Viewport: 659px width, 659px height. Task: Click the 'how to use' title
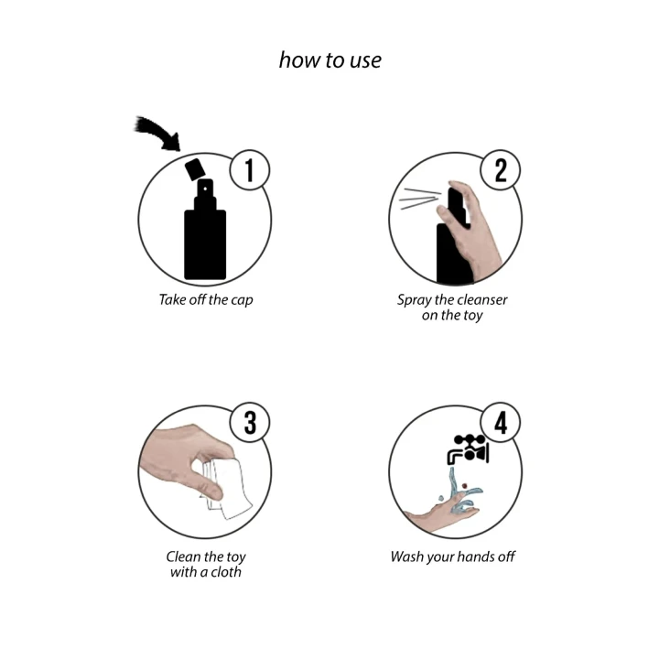(x=329, y=60)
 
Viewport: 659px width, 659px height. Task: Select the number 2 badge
(x=501, y=171)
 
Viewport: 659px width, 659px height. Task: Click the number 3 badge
(x=250, y=424)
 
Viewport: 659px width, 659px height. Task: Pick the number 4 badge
(x=501, y=424)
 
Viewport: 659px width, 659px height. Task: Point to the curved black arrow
(x=157, y=133)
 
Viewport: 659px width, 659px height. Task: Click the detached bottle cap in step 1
(x=194, y=168)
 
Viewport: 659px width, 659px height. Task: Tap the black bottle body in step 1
(x=205, y=243)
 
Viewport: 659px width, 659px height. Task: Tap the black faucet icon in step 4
(x=468, y=448)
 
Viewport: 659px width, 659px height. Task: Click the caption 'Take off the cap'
(x=206, y=299)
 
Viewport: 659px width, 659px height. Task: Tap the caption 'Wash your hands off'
(x=453, y=556)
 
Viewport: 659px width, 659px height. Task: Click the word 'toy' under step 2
(x=470, y=315)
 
